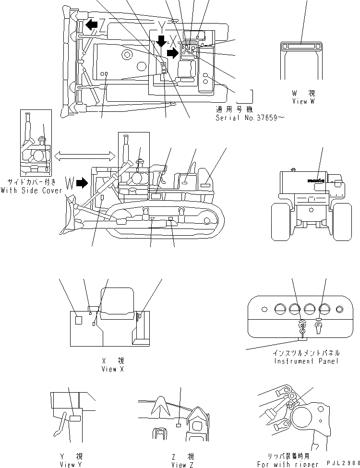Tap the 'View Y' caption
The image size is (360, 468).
click(x=68, y=464)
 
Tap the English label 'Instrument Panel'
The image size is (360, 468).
click(x=306, y=360)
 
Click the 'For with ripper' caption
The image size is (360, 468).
click(x=288, y=464)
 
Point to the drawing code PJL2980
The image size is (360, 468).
click(x=341, y=464)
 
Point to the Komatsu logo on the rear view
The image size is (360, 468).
click(x=316, y=181)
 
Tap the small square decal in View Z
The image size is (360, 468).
click(x=178, y=425)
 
